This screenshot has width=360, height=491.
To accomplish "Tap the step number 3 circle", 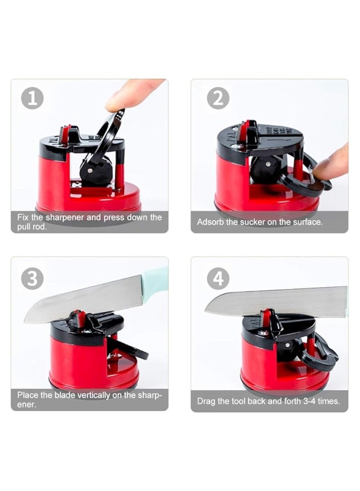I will point(32,279).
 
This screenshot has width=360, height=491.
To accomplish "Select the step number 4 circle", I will point(218,279).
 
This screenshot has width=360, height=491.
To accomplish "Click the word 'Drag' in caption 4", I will point(206,401).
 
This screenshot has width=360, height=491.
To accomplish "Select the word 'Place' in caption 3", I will point(27,395).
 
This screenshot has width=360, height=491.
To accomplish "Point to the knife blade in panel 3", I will point(81,299).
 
